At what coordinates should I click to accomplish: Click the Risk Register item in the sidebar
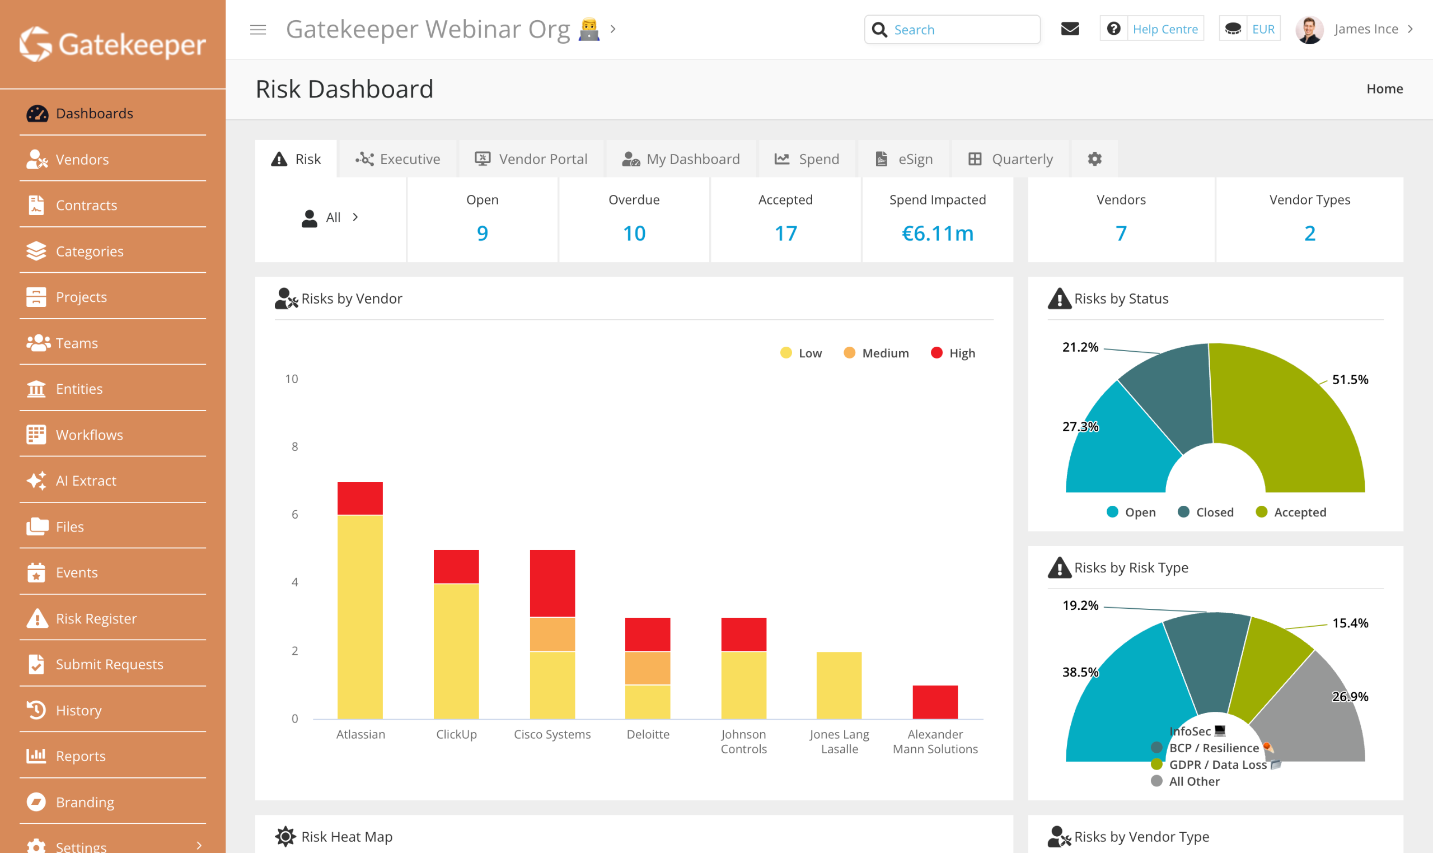tap(96, 618)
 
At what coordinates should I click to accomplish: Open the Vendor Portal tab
tap(531, 159)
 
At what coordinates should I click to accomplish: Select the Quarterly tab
tap(1011, 159)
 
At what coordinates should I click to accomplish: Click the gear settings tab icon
tap(1095, 159)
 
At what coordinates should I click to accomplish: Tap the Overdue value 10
tap(634, 234)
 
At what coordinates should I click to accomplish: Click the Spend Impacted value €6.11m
tap(938, 234)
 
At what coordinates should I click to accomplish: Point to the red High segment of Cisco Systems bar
tap(552, 583)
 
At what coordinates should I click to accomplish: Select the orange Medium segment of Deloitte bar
tap(647, 668)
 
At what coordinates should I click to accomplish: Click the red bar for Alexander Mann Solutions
tap(935, 702)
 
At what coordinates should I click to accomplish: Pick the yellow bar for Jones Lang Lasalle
tap(839, 684)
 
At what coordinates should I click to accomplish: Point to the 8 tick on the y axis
tap(294, 446)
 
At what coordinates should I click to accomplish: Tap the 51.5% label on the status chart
tap(1350, 379)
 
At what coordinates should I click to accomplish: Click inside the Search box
tap(962, 29)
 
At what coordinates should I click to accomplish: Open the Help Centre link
tap(1165, 29)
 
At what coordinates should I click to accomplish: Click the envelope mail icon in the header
tap(1070, 29)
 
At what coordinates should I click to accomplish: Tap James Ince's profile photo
tap(1309, 29)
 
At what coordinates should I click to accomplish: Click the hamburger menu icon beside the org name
tap(258, 29)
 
